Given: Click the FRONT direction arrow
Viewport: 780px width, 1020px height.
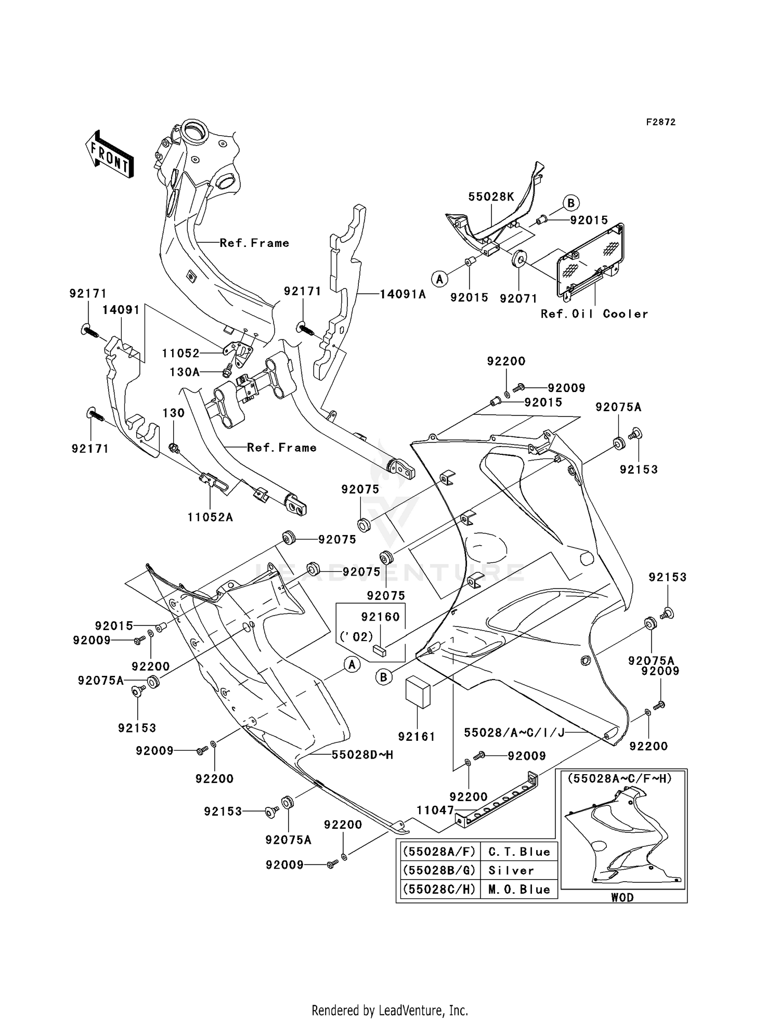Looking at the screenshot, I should pos(110,154).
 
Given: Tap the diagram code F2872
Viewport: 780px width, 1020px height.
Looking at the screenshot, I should pos(660,122).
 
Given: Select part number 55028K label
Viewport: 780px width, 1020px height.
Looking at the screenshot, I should pos(491,197).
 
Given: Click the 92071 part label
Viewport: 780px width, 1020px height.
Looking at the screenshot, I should pos(518,298).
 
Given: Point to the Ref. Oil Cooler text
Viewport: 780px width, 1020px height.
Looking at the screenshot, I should pos(594,314).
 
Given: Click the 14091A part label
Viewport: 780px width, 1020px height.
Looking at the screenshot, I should pos(402,294).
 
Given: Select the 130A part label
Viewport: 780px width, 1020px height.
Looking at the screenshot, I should pos(185,372).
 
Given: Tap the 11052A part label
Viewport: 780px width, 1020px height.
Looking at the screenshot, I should pos(210,517).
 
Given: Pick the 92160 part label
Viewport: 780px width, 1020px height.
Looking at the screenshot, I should pos(380,617).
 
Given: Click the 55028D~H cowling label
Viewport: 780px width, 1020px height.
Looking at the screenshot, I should pos(362,754).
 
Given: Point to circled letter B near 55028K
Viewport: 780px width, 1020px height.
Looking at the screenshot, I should pos(570,203).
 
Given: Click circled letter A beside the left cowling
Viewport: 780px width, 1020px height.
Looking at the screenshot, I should pos(352,664).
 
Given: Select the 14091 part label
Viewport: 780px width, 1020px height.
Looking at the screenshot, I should pos(121,310).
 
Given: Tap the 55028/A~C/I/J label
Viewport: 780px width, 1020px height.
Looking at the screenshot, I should pos(514,732).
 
